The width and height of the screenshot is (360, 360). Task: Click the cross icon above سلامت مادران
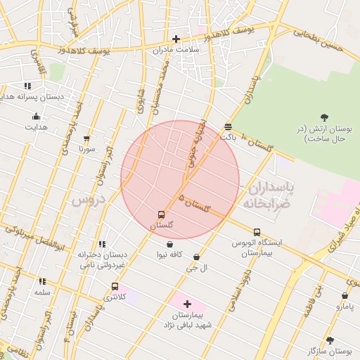coord(176,39)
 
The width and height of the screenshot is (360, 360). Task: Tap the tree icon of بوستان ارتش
coord(324,117)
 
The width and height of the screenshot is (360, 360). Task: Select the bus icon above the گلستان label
coord(162,214)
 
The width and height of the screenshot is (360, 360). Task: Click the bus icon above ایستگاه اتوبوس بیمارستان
coord(257,232)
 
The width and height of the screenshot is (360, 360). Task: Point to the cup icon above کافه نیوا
coord(170,243)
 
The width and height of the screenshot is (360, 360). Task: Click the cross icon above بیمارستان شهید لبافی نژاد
coord(186,304)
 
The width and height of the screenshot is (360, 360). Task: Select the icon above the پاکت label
coord(229,127)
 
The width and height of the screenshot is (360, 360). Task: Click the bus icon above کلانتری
coord(115,286)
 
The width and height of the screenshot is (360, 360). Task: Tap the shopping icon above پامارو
coord(345,296)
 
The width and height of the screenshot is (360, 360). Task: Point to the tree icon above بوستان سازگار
coord(330,340)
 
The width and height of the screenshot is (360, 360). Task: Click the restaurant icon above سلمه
coord(42,281)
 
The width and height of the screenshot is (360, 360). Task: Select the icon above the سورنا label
coord(86,139)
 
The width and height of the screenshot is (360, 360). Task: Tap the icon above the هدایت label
coord(36,117)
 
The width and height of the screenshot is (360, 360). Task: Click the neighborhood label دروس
coord(87,200)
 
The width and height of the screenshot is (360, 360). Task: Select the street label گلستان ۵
coord(195,204)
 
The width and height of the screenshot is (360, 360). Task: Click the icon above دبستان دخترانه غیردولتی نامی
coord(103,244)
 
